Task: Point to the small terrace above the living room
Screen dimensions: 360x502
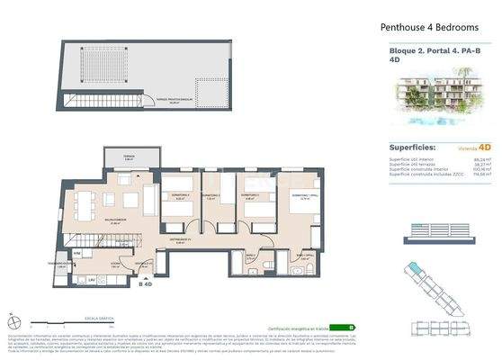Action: pyautogui.click(x=130, y=160)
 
